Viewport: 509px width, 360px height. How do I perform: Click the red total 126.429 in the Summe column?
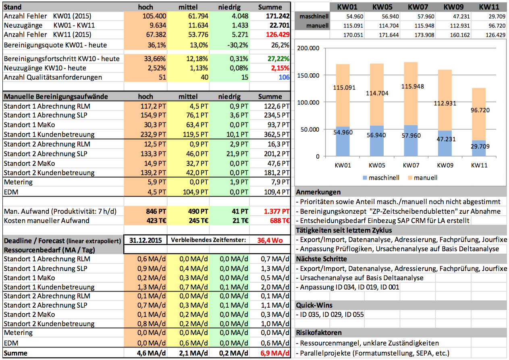(278, 35)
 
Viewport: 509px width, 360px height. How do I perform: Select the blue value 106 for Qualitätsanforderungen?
(284, 77)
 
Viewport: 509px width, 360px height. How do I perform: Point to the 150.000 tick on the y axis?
(308, 75)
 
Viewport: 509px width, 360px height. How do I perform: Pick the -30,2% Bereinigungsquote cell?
(239, 45)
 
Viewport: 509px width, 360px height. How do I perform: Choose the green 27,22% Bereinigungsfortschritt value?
(278, 59)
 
